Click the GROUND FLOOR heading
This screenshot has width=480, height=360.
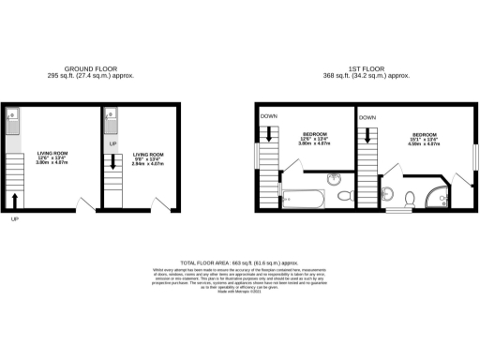tap(90, 69)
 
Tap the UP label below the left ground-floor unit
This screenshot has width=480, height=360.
tap(14, 219)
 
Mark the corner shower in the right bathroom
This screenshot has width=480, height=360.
tap(438, 198)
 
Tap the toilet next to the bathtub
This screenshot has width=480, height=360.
tap(343, 196)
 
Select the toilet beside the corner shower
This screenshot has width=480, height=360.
tap(410, 198)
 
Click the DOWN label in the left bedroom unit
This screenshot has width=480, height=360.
tap(268, 116)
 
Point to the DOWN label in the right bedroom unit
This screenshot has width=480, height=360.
tap(367, 117)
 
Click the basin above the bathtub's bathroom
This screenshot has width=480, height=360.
tap(336, 178)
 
